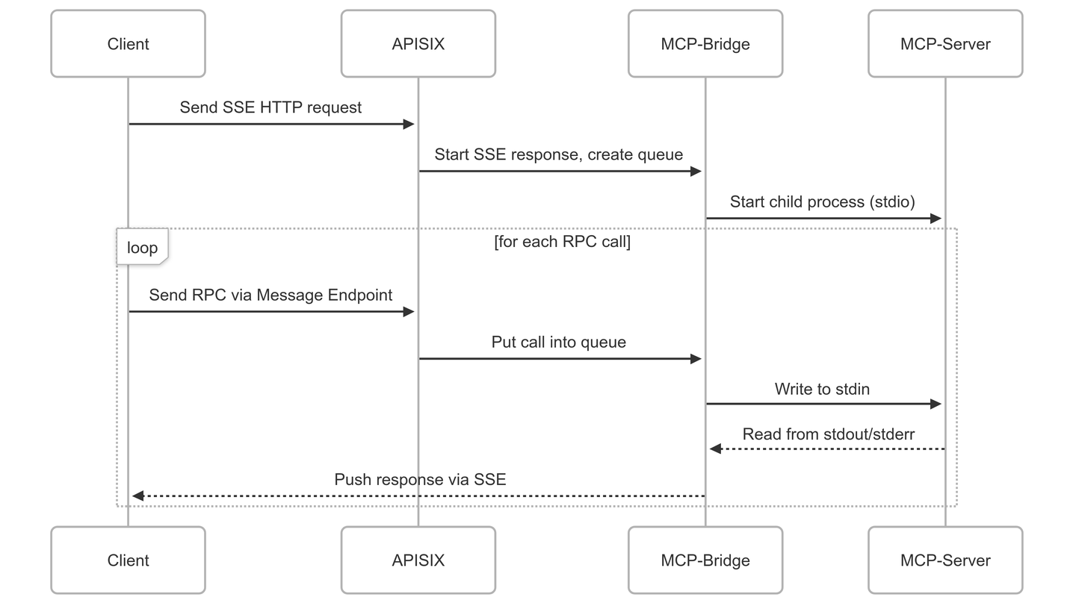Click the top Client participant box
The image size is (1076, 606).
pos(128,44)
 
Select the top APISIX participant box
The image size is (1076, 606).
pos(418,44)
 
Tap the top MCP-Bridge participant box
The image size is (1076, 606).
pos(705,44)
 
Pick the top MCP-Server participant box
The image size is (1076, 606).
pos(945,44)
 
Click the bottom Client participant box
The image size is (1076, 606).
pos(128,560)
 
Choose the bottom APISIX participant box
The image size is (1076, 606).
pos(418,560)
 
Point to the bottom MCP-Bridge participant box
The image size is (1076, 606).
pos(705,560)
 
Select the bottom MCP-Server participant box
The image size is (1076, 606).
pos(945,560)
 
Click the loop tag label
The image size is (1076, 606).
pos(142,248)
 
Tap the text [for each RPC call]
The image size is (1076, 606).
pos(562,243)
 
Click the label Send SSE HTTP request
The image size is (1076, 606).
pos(270,107)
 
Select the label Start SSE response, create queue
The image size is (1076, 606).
pos(559,154)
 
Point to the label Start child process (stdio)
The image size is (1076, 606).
pos(822,202)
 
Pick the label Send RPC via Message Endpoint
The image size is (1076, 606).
pos(270,295)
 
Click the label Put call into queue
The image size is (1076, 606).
pos(559,342)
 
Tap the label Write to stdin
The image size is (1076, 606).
pos(822,389)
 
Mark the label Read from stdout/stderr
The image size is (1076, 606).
pos(828,434)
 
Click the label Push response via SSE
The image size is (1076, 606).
pos(420,479)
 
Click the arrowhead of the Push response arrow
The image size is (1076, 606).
pos(137,496)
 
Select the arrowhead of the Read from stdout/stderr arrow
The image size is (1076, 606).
pos(715,449)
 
